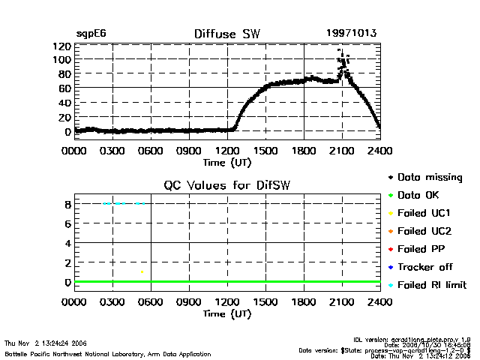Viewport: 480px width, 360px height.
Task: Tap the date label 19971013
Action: click(352, 34)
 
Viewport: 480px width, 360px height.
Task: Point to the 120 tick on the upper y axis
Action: click(62, 46)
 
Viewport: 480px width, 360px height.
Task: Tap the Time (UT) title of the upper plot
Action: click(227, 161)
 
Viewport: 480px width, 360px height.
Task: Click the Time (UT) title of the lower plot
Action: click(227, 313)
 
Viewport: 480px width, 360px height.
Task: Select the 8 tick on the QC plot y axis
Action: click(67, 204)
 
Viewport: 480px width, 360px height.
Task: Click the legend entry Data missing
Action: click(430, 178)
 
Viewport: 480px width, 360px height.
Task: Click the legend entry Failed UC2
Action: click(424, 231)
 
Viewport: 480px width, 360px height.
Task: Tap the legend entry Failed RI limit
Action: click(432, 285)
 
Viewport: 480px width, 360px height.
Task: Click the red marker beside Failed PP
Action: click(390, 249)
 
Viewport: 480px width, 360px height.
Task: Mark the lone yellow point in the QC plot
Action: click(142, 271)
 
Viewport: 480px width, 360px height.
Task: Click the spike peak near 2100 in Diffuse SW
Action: click(339, 51)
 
